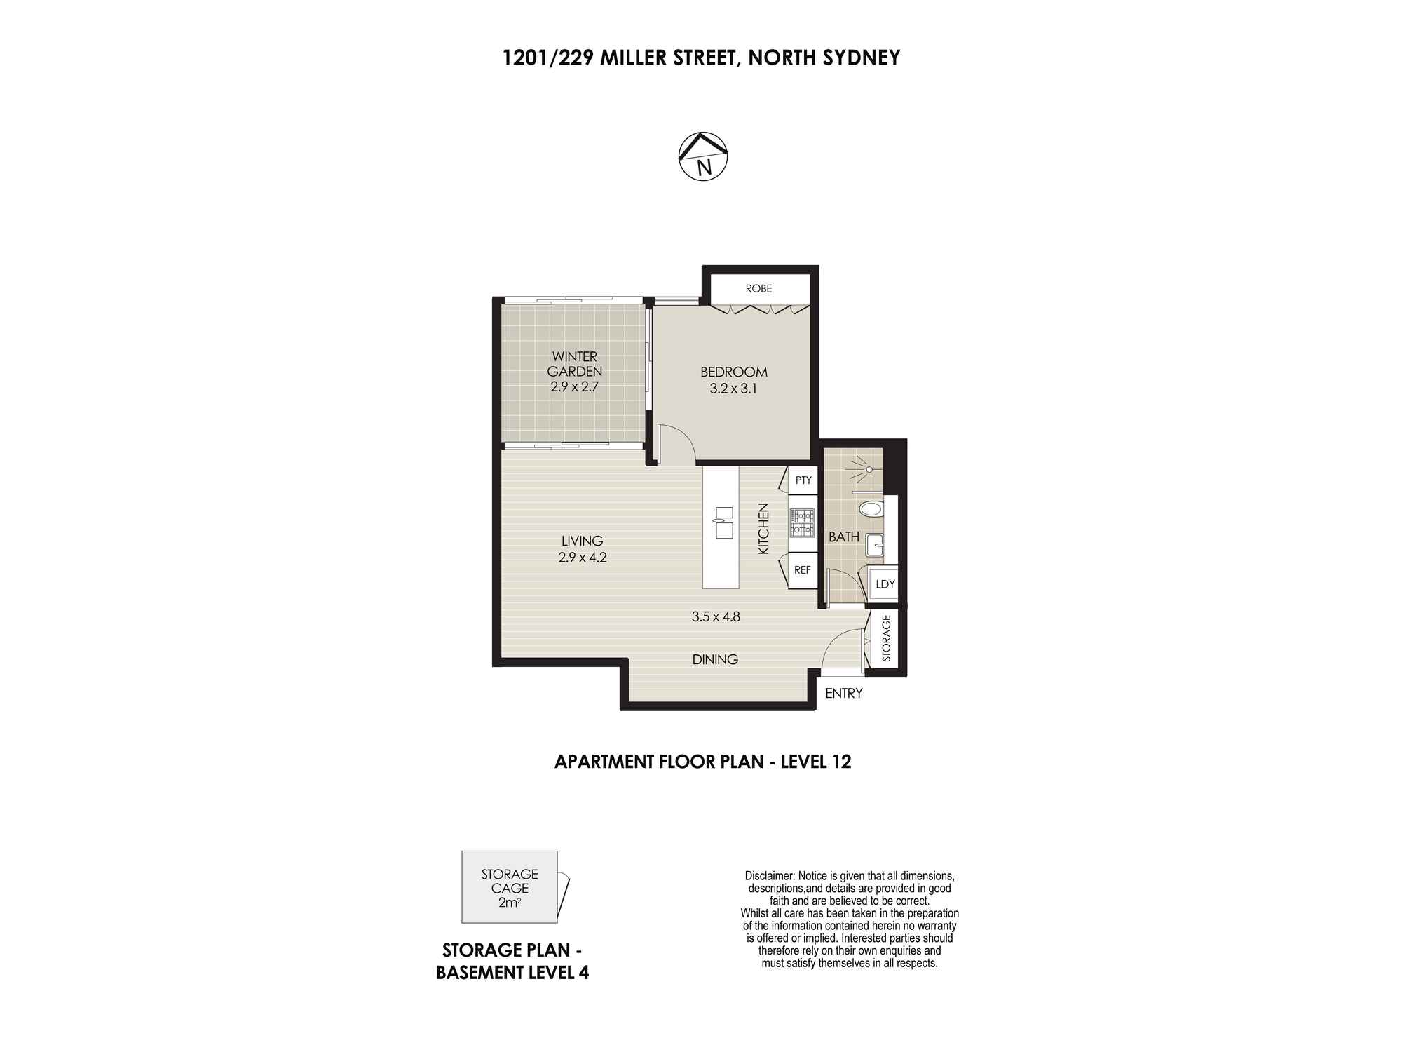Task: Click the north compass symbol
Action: (x=703, y=156)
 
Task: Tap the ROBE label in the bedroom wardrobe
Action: (x=758, y=288)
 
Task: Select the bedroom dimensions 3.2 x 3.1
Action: (x=734, y=389)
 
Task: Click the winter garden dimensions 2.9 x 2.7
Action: (x=574, y=386)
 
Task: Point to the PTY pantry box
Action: (x=803, y=480)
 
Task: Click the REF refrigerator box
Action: (x=803, y=570)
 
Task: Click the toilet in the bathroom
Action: (x=871, y=509)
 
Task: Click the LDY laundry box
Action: (x=885, y=584)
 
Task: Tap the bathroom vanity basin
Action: (x=875, y=544)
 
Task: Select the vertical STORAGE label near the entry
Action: (x=886, y=638)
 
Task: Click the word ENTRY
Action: (x=844, y=694)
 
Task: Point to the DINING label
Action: (x=715, y=659)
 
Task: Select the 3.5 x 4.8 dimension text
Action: (x=716, y=617)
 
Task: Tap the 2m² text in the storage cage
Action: (x=510, y=903)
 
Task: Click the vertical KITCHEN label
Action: (x=763, y=529)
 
